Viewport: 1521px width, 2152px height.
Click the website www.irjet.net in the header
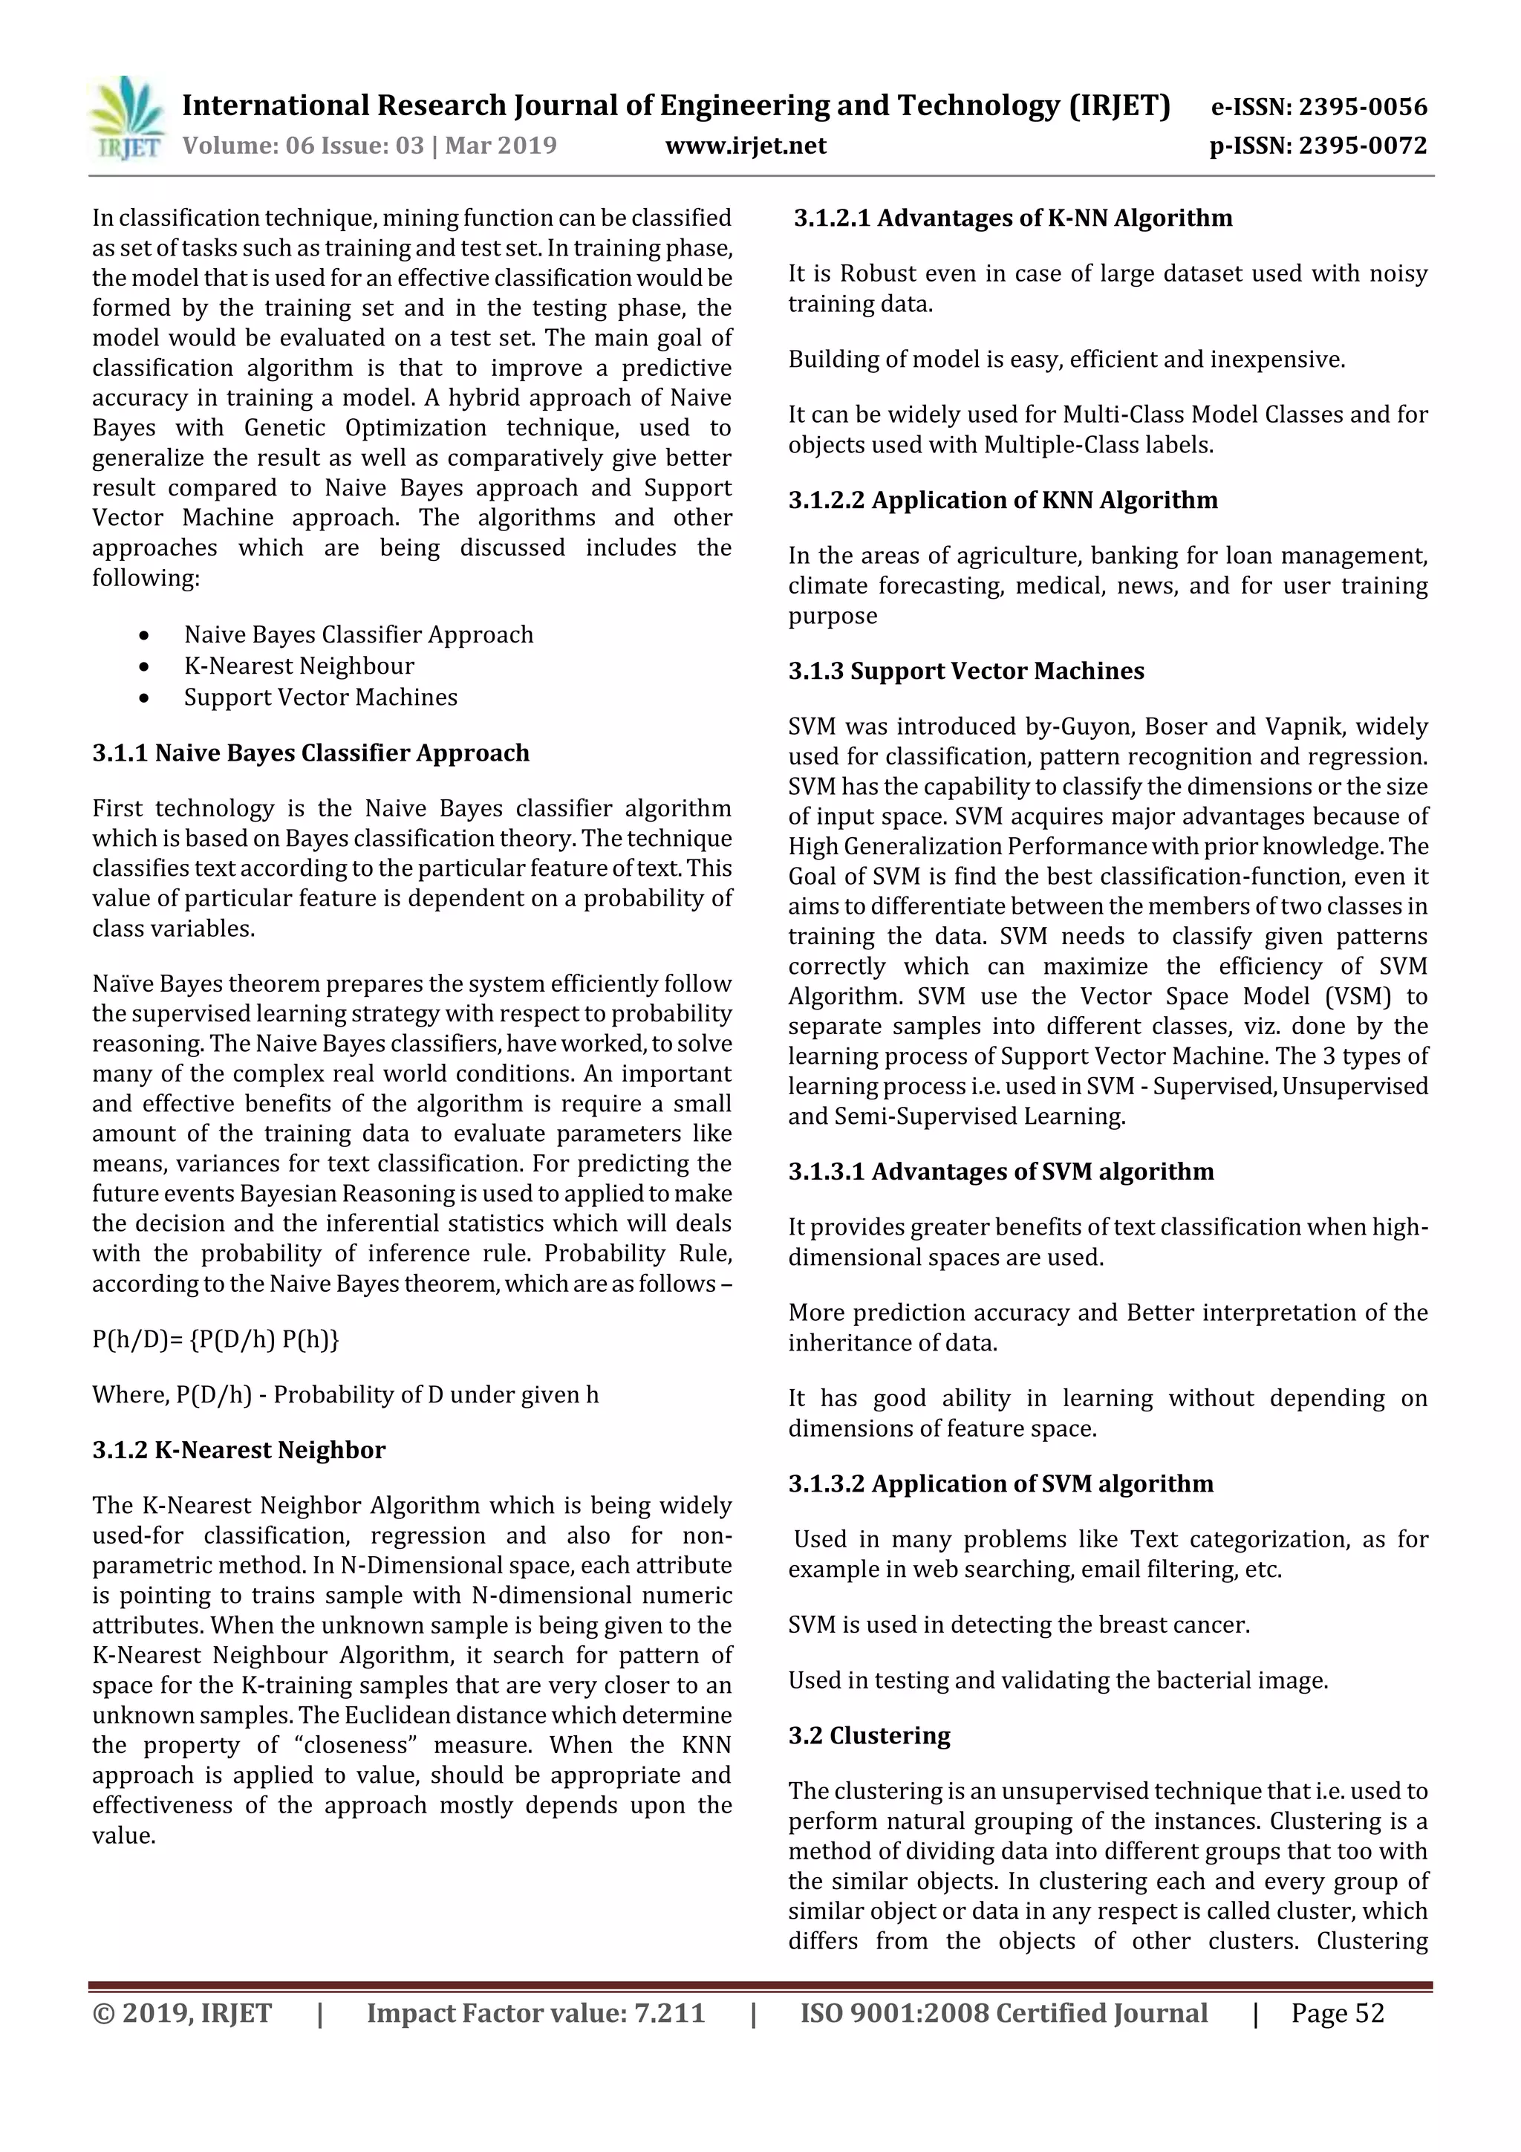[x=745, y=146]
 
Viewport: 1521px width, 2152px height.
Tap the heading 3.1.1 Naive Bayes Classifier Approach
[x=310, y=752]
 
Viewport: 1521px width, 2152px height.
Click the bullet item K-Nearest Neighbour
[x=299, y=666]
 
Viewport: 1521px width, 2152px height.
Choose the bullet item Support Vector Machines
[x=321, y=698]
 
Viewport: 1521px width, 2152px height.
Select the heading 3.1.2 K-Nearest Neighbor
[x=238, y=1450]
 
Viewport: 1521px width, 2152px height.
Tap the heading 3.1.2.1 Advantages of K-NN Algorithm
[x=1012, y=218]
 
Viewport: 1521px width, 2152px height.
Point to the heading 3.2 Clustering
[x=869, y=1736]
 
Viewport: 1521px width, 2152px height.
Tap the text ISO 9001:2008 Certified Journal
[x=1003, y=2013]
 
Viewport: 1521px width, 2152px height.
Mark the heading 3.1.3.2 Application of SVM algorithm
[x=1000, y=1483]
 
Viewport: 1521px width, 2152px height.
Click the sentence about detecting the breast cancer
[x=1019, y=1625]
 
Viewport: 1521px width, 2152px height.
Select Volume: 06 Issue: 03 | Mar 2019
[x=369, y=146]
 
